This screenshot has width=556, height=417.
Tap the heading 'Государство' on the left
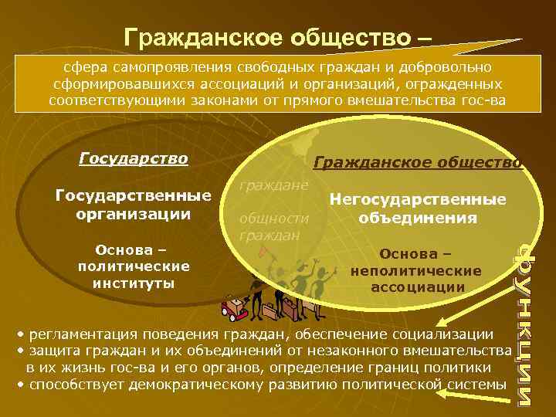coord(133,159)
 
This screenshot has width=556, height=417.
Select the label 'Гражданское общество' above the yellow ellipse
coord(418,163)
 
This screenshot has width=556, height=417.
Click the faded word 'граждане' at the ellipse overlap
coord(274,186)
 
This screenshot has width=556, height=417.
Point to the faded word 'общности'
coord(274,219)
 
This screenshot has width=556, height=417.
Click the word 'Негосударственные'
coord(418,199)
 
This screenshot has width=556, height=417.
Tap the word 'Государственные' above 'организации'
coord(133,195)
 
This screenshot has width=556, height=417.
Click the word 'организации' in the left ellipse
coord(133,212)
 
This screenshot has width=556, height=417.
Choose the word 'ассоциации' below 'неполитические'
coord(416,287)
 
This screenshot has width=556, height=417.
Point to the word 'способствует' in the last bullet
coord(75,384)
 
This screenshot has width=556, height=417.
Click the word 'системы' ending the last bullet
coord(480,384)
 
